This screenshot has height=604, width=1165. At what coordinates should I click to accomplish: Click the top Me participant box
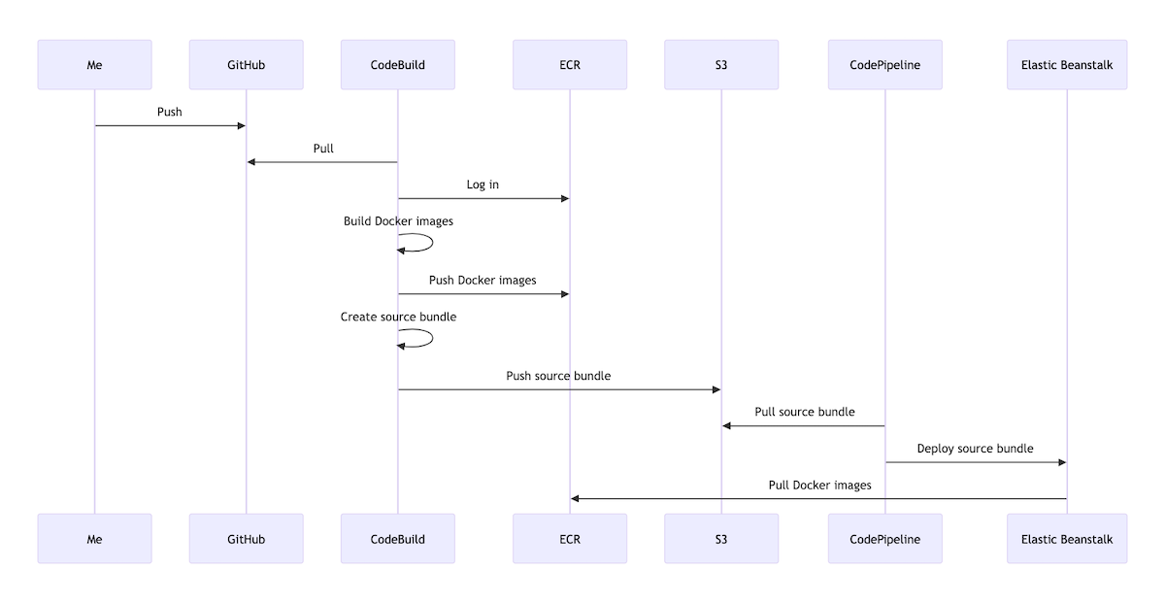94,65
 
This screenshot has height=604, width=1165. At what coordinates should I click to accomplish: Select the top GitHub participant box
246,65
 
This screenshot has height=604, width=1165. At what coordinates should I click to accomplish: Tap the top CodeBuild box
397,65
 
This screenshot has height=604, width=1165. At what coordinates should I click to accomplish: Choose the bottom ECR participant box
570,539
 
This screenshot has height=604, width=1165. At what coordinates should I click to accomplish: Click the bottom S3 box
721,539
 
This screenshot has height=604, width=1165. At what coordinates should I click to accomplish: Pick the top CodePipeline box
884,65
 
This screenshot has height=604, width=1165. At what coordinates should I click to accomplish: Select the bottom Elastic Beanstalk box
1067,539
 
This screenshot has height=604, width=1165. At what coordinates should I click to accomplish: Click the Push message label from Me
170,112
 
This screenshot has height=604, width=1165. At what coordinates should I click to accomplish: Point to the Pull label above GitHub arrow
323,149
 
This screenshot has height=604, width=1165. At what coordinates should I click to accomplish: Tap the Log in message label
483,185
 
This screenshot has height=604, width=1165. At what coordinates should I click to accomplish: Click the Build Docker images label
398,221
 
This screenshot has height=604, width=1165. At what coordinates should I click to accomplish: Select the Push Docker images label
483,281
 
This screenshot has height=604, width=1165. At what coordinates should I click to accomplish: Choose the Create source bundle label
398,317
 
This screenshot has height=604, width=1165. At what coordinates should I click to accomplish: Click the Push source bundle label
558,376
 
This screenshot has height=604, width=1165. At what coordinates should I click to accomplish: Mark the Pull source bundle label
805,412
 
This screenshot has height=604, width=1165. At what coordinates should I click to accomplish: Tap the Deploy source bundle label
975,449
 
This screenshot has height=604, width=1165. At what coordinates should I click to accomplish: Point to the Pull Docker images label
819,485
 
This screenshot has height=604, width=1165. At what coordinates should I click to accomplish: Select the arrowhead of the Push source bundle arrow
716,389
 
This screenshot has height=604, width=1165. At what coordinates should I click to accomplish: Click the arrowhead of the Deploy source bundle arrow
1062,462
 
